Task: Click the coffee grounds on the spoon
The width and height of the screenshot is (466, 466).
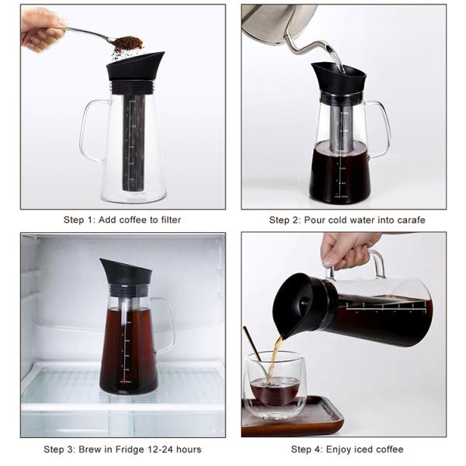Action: [128, 42]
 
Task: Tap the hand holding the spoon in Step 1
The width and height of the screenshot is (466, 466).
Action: [41, 29]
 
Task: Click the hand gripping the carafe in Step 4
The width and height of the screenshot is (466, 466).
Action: [347, 250]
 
